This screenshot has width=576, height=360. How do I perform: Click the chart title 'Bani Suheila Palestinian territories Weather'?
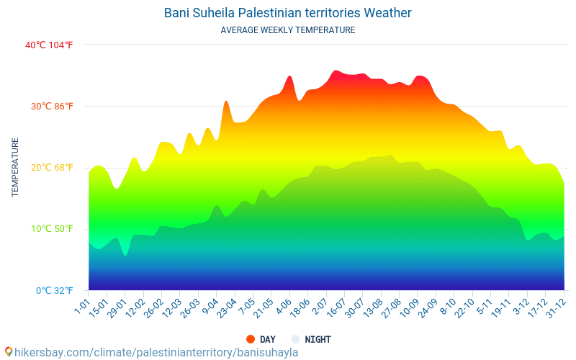click(x=288, y=13)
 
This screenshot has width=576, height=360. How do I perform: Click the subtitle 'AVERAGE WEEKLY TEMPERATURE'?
click(x=288, y=30)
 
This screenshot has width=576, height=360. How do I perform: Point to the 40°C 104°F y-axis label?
click(x=49, y=45)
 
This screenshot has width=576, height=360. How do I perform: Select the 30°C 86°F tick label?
click(x=51, y=107)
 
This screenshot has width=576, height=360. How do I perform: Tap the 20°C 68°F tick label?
click(x=51, y=168)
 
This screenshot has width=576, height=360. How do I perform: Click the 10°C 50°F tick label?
click(x=51, y=229)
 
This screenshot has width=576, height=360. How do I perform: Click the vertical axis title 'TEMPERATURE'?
click(x=15, y=168)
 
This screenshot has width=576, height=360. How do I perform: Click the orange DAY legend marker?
click(x=251, y=339)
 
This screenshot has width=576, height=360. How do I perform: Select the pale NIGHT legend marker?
click(x=295, y=339)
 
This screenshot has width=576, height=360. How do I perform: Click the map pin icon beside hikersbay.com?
click(x=8, y=352)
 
